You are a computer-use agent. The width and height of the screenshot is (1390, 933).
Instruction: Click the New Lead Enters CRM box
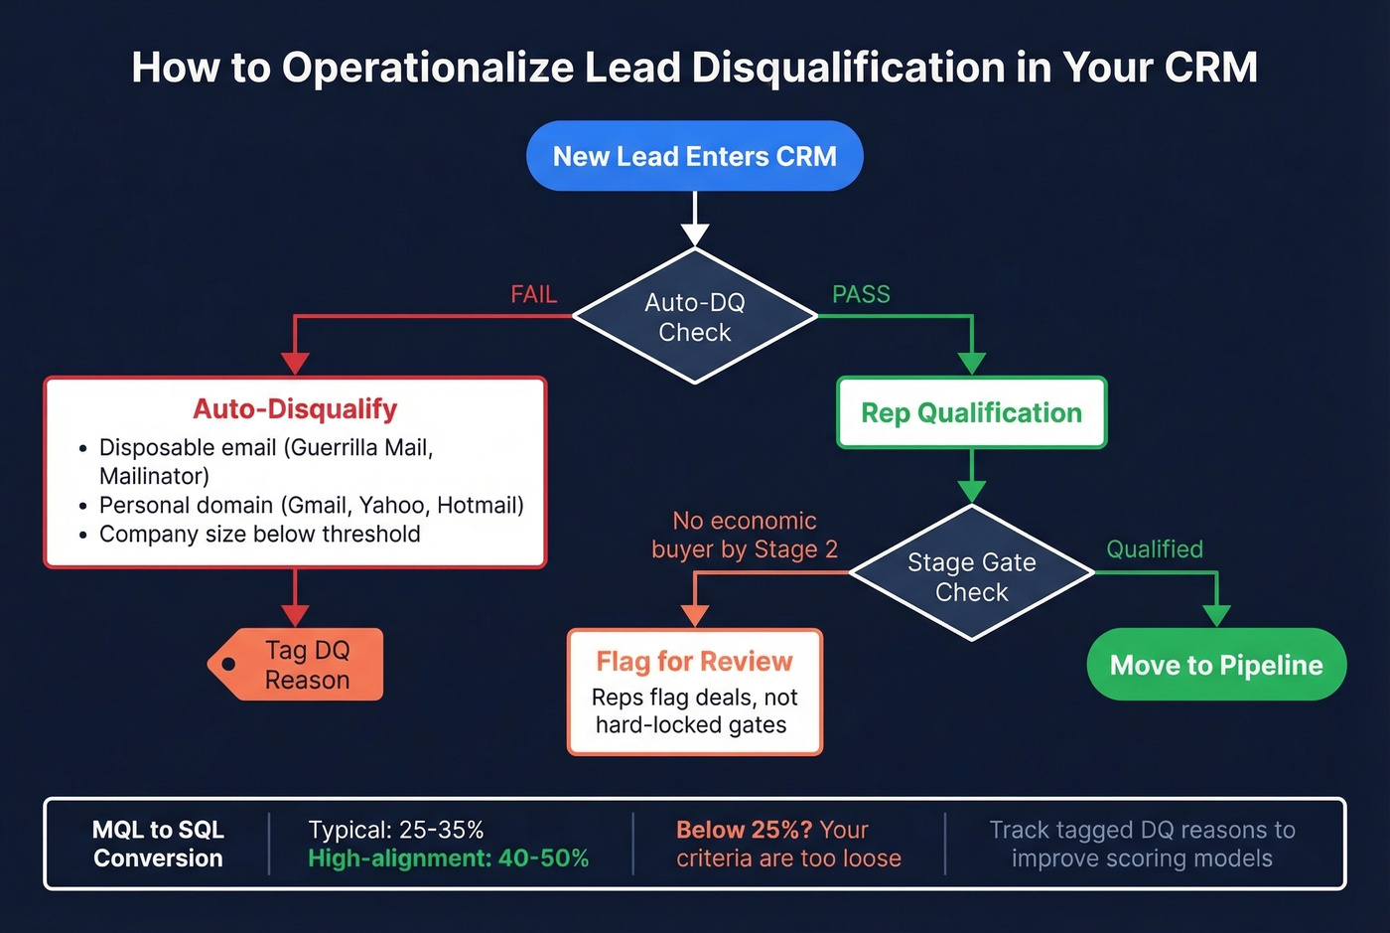pyautogui.click(x=694, y=156)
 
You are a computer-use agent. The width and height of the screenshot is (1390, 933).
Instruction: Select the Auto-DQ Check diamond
pyautogui.click(x=694, y=317)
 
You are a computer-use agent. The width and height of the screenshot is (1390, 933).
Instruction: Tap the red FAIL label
pyautogui.click(x=533, y=294)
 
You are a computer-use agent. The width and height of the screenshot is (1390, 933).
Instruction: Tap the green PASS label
pyautogui.click(x=861, y=294)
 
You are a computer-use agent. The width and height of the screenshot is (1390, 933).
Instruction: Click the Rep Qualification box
pyautogui.click(x=971, y=412)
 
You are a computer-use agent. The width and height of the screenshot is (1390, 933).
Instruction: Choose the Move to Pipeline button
pyautogui.click(x=1215, y=665)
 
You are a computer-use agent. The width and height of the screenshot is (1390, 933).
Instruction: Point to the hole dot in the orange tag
pyautogui.click(x=228, y=664)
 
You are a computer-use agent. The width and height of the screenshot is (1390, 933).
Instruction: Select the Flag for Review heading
pyautogui.click(x=694, y=661)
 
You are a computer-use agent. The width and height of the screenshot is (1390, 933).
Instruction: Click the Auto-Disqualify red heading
pyautogui.click(x=295, y=408)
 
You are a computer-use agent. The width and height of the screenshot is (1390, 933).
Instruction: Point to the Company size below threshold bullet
pyautogui.click(x=259, y=534)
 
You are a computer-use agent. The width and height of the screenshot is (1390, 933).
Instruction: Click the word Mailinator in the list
pyautogui.click(x=154, y=476)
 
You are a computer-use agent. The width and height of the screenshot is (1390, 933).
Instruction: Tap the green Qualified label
pyautogui.click(x=1154, y=548)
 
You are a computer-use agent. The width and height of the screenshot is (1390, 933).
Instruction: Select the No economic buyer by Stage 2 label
pyautogui.click(x=744, y=535)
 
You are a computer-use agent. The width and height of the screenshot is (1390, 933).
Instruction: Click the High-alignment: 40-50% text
pyautogui.click(x=448, y=857)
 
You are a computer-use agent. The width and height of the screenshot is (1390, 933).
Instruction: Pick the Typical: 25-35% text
pyautogui.click(x=396, y=830)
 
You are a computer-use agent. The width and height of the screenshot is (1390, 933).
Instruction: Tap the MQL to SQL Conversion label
pyautogui.click(x=158, y=844)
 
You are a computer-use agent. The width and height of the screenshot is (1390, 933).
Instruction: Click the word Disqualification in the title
pyautogui.click(x=848, y=68)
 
